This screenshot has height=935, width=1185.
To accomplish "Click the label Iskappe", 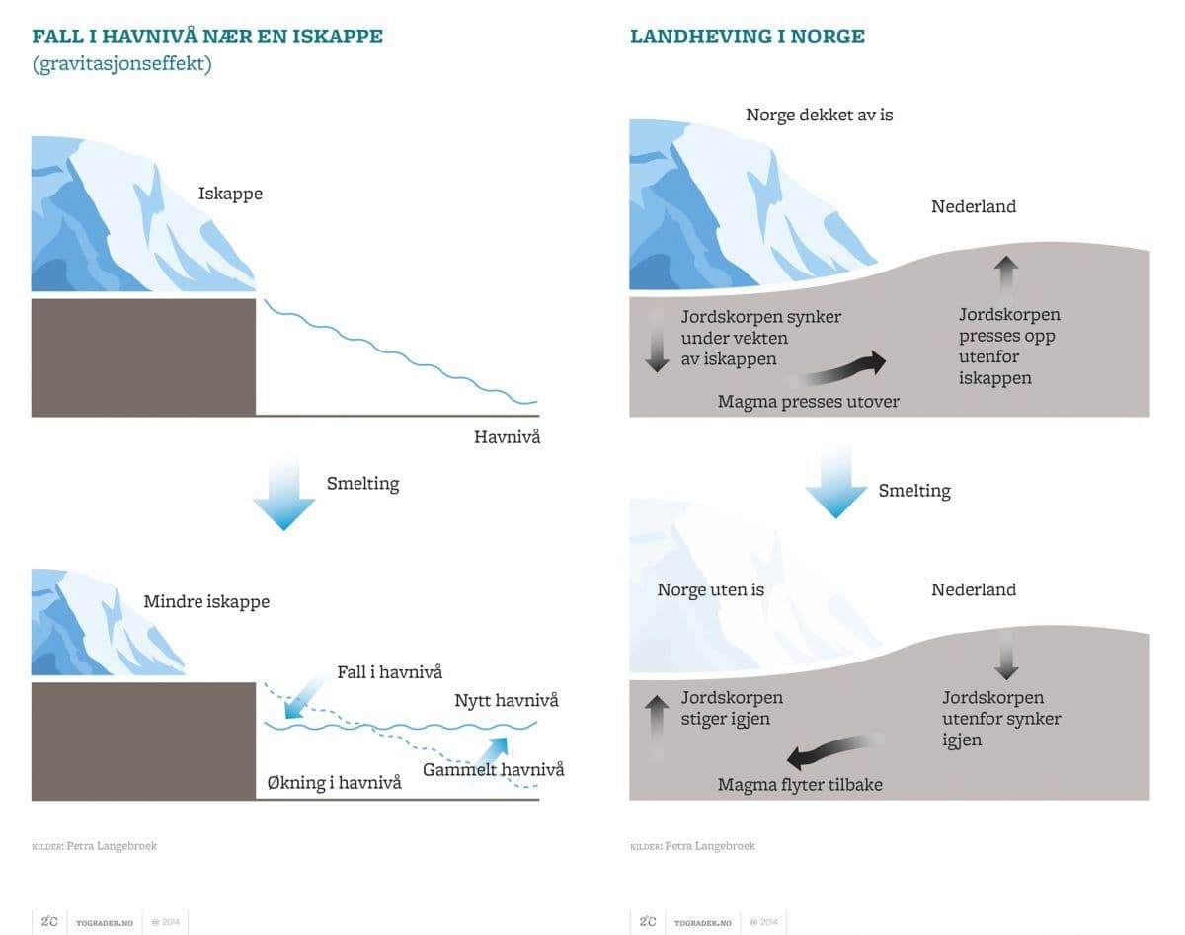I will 230,194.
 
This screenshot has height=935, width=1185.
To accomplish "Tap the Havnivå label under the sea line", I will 507,436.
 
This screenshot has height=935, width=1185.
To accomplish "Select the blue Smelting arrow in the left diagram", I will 283,493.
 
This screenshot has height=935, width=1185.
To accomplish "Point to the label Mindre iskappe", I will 206,601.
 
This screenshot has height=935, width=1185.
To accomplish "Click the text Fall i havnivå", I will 389,671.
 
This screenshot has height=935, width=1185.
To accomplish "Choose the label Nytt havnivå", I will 506,700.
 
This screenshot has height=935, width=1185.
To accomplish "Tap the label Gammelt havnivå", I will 493,769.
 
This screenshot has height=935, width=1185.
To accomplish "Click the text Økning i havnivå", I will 335,782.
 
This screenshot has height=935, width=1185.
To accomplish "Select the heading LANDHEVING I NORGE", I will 747,38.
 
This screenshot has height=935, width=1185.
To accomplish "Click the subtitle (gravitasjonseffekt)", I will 121,65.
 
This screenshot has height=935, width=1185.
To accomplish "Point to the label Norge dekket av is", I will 819,115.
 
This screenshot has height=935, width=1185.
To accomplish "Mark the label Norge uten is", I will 710,590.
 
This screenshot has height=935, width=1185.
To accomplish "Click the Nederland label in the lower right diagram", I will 973,590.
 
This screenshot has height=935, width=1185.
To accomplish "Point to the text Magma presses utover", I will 808,402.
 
